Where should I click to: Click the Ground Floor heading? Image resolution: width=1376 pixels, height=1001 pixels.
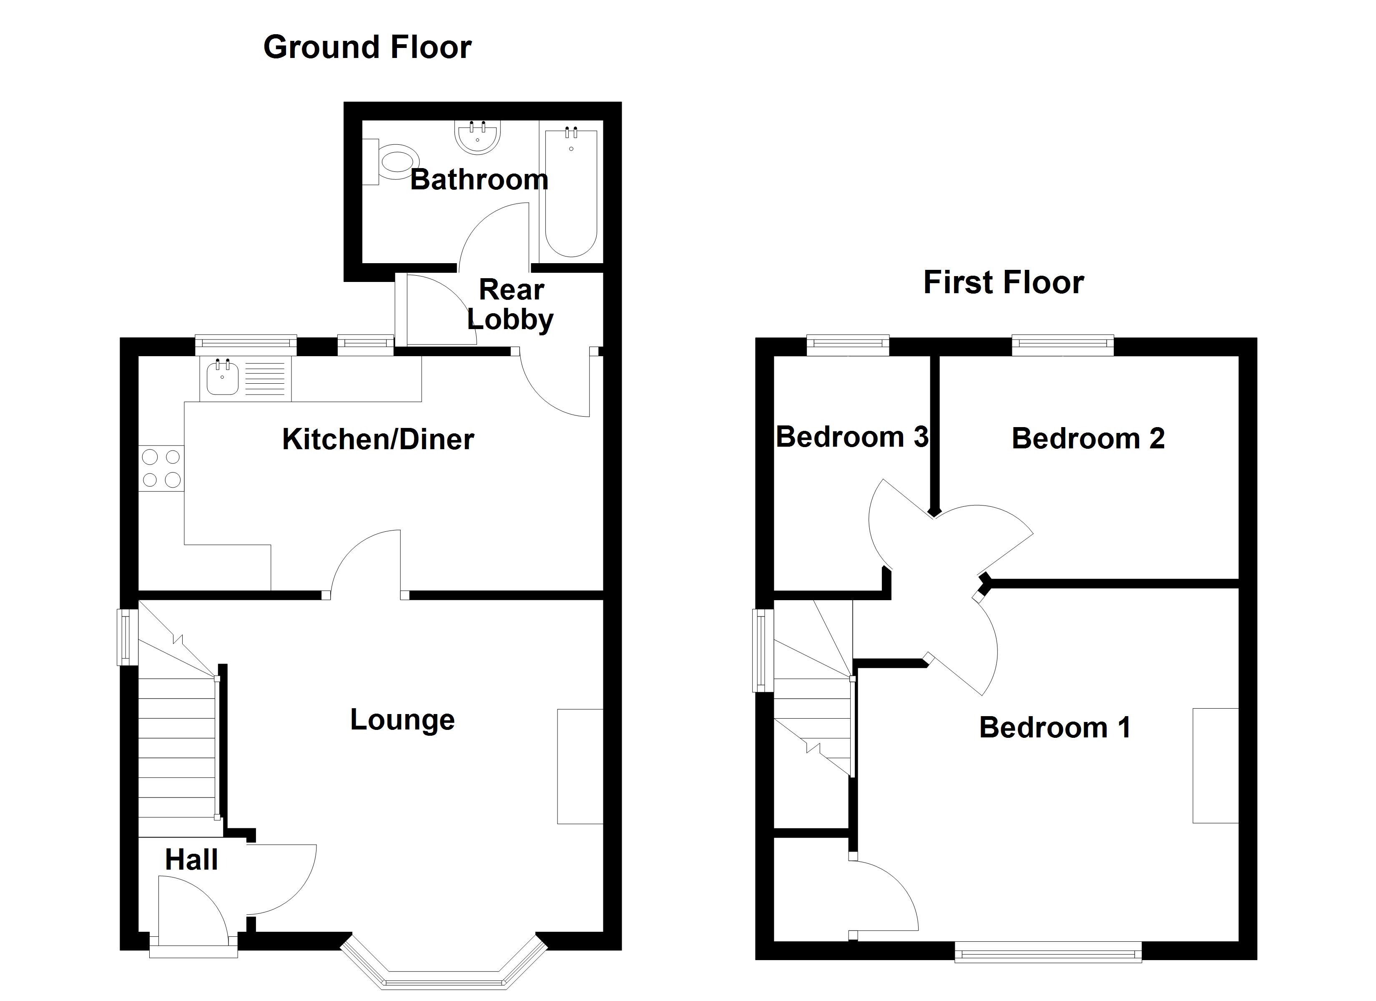pos(367,48)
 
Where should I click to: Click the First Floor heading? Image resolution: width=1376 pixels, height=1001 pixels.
pos(1004,283)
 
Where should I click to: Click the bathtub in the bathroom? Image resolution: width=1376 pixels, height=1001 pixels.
pos(571,193)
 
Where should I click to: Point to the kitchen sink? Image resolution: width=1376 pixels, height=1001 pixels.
pos(222,377)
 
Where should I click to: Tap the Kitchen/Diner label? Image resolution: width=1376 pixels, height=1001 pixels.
pos(377,440)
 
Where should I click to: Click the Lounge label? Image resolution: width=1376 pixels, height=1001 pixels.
pos(402,720)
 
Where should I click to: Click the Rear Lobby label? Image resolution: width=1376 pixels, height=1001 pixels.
pos(511,305)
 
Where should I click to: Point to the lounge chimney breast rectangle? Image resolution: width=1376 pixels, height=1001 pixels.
pos(580,766)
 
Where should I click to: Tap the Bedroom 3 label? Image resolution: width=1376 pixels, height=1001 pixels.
pos(852,437)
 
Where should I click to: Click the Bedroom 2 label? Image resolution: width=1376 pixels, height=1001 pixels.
pos(1088,439)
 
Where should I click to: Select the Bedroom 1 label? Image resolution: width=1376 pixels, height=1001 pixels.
pos(1055,728)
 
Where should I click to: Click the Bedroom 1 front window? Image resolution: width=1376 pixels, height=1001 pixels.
pos(1048,952)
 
